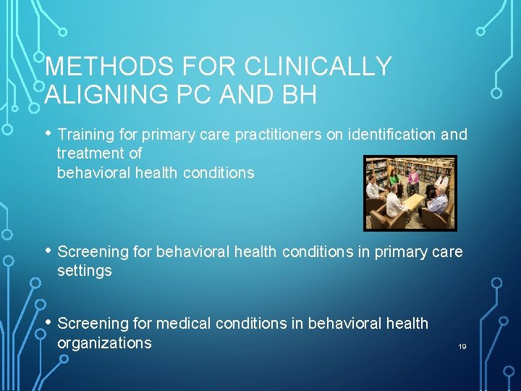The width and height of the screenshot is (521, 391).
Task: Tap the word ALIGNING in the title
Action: [x=100, y=95]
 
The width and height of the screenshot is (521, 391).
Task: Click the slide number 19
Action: [x=462, y=347]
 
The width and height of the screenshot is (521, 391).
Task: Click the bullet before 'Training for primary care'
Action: [x=48, y=133]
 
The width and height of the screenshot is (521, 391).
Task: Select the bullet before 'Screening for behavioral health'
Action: [x=48, y=251]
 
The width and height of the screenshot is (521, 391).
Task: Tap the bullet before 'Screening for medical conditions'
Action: [x=48, y=322]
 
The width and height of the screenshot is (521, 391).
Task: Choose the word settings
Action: [x=85, y=271]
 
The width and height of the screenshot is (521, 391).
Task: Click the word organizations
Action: [x=104, y=342]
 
